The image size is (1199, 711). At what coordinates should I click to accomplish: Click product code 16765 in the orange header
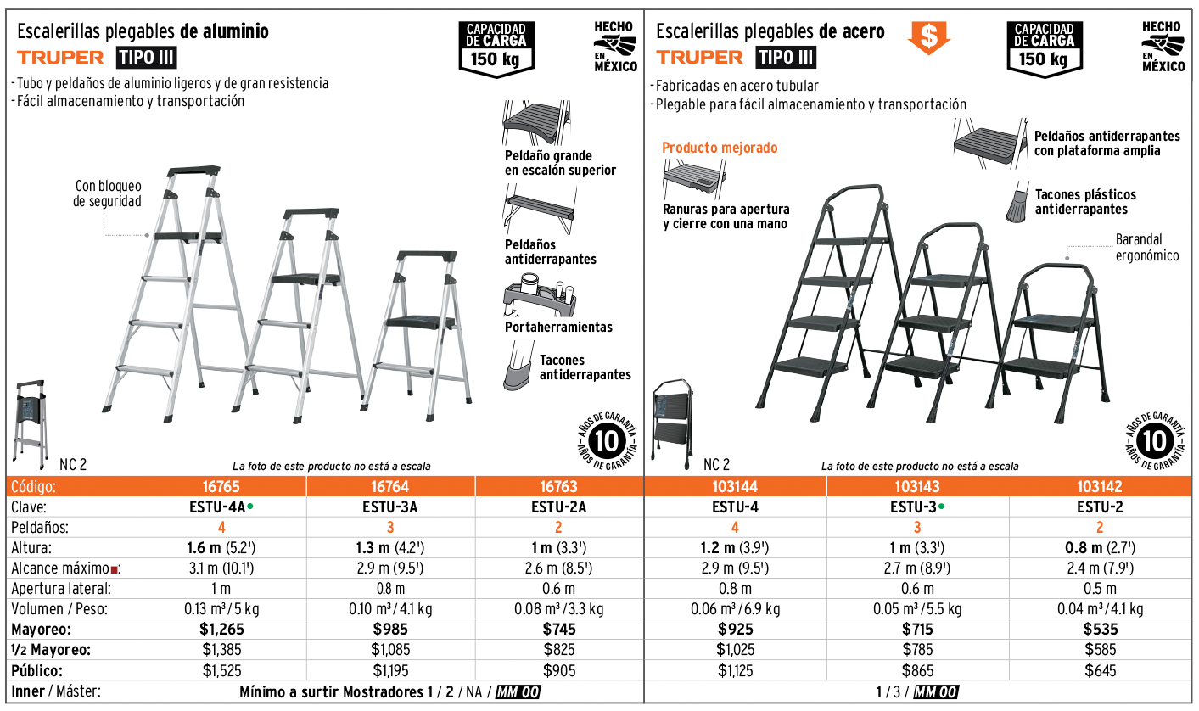(x=221, y=487)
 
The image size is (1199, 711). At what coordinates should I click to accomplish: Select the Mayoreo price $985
(x=390, y=629)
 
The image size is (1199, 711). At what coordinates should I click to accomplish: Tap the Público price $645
(x=1100, y=670)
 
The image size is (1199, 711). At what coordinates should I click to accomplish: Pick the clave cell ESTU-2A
(x=559, y=507)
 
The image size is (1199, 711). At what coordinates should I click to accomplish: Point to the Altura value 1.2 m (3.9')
(x=735, y=548)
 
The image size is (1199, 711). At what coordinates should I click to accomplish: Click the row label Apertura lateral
(x=61, y=589)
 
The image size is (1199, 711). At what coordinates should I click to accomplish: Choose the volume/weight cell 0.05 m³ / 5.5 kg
(x=917, y=609)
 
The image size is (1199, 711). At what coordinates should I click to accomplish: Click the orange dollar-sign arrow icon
(x=928, y=37)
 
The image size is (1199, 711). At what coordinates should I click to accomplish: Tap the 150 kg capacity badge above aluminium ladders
(x=496, y=49)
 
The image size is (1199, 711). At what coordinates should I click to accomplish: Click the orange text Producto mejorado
(x=720, y=148)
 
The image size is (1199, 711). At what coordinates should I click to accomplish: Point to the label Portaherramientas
(x=558, y=328)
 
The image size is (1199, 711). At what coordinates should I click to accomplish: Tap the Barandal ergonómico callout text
(x=1147, y=248)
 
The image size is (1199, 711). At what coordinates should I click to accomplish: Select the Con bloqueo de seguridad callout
(x=108, y=193)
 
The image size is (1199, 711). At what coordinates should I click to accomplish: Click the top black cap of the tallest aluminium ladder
(x=193, y=171)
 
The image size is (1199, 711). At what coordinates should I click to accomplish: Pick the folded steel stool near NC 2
(x=672, y=424)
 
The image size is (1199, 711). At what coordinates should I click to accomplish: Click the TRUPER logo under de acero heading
(x=699, y=58)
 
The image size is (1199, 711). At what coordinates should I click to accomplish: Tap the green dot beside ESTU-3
(x=942, y=506)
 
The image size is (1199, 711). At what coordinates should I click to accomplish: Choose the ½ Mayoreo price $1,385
(x=221, y=650)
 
